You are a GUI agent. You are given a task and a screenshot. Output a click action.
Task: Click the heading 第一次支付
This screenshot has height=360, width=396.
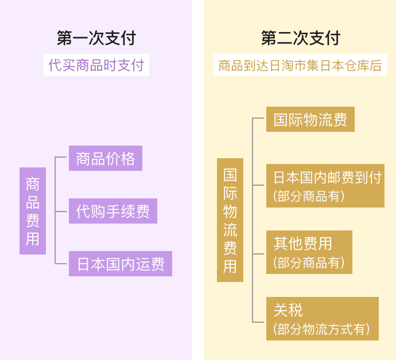coord(96,38)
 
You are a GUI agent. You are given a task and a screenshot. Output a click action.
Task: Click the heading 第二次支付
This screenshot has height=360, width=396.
coord(301,38)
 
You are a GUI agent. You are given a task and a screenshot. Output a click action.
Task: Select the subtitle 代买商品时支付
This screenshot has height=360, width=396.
coord(96,65)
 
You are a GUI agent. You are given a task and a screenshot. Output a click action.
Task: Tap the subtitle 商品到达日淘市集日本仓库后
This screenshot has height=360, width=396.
coord(301,65)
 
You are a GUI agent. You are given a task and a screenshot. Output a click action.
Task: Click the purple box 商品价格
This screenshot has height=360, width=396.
coord(106,158)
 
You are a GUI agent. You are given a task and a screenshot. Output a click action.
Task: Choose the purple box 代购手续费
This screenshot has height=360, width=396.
coord(113,211)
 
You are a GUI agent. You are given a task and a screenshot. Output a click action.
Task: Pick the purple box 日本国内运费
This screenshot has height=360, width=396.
coord(121,264)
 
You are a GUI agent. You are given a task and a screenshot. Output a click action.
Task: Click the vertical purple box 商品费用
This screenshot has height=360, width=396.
coord(33,211)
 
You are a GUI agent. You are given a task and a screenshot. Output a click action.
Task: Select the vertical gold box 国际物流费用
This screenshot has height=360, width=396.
coord(230,220)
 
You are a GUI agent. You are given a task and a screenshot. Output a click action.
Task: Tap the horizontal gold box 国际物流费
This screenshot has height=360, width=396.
coord(310,119)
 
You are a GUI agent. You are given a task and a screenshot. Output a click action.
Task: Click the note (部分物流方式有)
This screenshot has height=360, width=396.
coord(321,330)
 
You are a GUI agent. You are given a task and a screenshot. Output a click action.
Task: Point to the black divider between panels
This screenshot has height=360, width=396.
coord(198,180)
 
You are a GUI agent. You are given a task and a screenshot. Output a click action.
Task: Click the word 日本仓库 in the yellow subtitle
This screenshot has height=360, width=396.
coord(348,65)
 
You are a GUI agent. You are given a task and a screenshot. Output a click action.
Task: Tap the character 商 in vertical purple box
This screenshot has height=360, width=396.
coord(33,185)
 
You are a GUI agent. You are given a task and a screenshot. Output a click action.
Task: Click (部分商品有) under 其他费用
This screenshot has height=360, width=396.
coord(309,263)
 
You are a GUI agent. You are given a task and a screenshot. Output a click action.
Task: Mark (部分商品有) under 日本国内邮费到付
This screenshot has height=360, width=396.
coord(309,196)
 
